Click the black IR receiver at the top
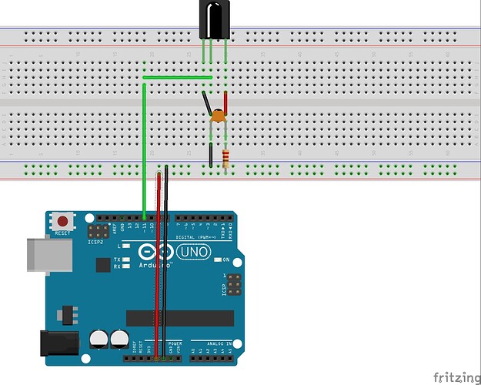point(213,19)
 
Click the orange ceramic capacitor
point(218,116)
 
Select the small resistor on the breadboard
point(225,159)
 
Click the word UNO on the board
point(192,253)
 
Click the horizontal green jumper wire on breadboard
point(178,78)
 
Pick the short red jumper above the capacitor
point(225,102)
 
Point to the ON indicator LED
point(217,259)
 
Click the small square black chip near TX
point(102,265)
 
